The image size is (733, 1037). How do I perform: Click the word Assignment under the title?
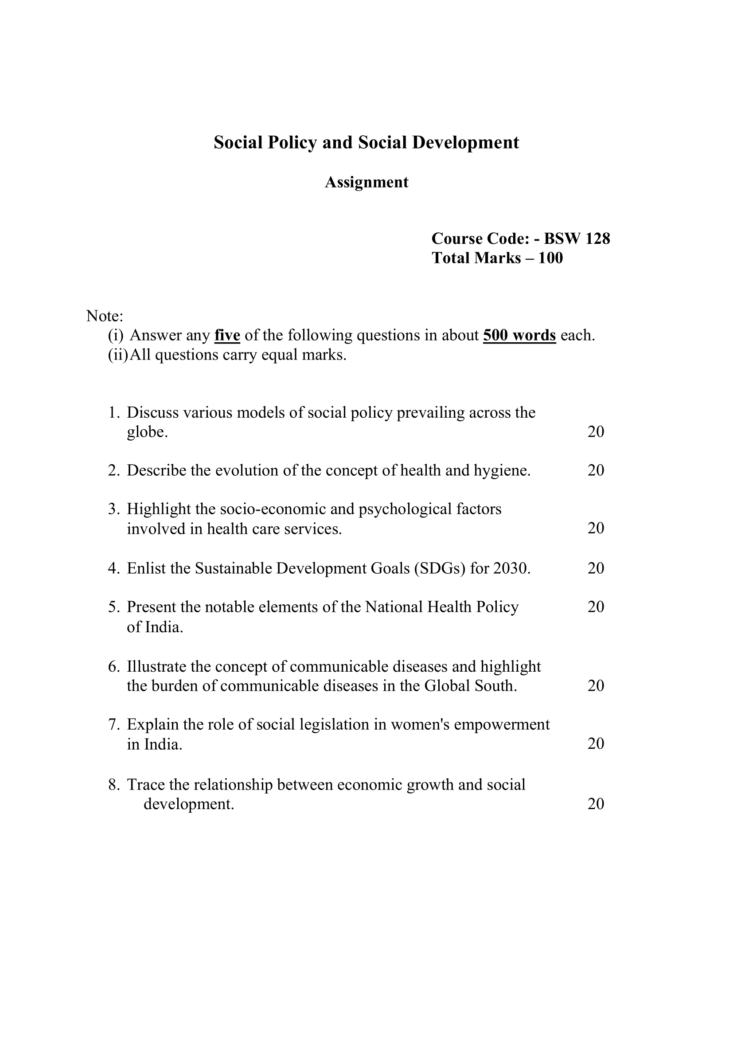point(366,182)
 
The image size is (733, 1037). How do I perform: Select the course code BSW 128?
point(577,238)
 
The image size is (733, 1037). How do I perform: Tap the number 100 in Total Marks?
point(551,258)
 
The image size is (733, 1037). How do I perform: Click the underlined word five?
point(227,335)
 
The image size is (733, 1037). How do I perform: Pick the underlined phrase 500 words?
point(519,335)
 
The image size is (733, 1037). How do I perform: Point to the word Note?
point(105,316)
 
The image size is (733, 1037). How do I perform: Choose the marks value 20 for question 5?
point(595,607)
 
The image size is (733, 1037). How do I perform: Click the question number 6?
point(113,667)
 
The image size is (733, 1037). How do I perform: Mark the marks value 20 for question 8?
point(595,803)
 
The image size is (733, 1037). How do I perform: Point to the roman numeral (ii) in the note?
point(118,355)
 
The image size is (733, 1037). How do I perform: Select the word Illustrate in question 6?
point(156,666)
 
